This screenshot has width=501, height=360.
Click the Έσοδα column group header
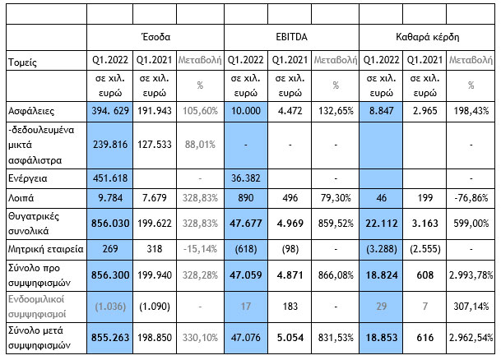pos(155,37)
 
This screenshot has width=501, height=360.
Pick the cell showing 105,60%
pos(199,111)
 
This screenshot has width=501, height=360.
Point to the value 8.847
pos(383,111)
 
